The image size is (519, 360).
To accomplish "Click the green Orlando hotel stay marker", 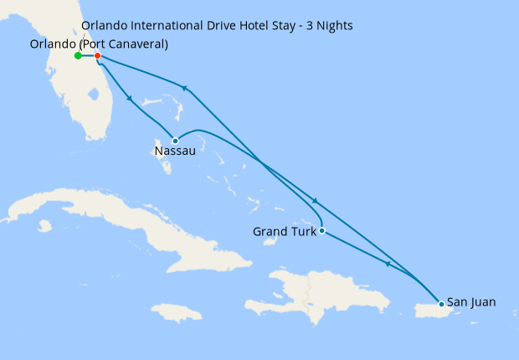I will [x=78, y=56].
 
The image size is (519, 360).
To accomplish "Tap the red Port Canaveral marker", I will [x=98, y=56].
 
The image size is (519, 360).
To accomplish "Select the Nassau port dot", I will [x=175, y=141].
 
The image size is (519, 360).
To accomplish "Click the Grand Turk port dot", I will [x=322, y=230].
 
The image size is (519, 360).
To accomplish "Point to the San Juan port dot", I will [x=441, y=303].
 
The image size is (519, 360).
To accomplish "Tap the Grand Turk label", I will [x=285, y=231].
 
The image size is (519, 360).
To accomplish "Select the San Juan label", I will [x=471, y=302].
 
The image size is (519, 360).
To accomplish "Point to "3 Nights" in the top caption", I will [x=329, y=26].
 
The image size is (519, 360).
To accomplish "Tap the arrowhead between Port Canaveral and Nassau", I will [x=130, y=99].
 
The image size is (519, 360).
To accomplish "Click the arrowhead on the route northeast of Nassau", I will [x=183, y=87].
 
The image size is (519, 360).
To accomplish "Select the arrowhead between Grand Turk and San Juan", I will [x=388, y=265].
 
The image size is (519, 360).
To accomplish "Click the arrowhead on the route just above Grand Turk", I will [x=315, y=201].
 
